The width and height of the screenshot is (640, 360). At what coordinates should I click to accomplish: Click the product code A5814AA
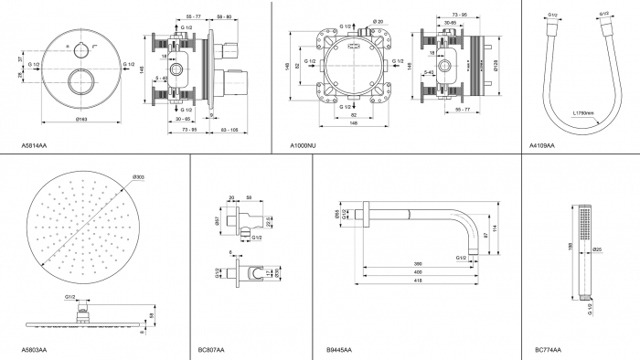[34, 145]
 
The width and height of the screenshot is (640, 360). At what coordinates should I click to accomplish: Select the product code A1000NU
[303, 145]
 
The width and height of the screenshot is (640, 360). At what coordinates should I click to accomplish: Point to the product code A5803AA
[34, 349]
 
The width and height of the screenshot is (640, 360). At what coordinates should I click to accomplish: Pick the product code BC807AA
[211, 349]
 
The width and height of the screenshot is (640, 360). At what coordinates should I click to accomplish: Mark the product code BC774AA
[549, 349]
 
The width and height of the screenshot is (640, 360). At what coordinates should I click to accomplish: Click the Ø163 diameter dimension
[80, 120]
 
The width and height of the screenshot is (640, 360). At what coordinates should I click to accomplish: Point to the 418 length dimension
[416, 280]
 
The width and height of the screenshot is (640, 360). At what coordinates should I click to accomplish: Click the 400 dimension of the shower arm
[416, 272]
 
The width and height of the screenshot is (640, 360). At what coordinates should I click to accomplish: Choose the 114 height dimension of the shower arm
[493, 228]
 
